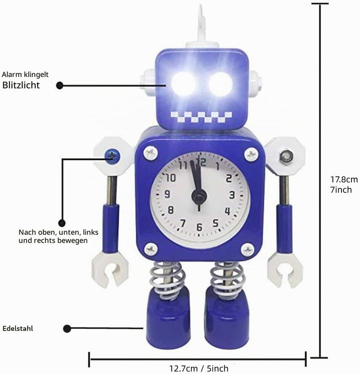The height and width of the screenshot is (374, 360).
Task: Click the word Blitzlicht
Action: pos(21,85)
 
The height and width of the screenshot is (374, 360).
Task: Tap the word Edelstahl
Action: pos(17,328)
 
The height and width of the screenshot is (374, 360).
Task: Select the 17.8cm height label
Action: pos(344,179)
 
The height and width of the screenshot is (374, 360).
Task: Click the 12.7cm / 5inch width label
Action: pos(198,368)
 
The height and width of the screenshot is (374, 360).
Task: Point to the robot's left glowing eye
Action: pos(183,84)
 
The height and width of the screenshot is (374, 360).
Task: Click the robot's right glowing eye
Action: pos(220,84)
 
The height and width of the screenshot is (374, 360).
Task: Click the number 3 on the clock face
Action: pos(232,194)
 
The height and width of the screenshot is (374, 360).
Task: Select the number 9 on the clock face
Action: pos(167,194)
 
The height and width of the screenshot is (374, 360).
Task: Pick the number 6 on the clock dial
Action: pos(199,227)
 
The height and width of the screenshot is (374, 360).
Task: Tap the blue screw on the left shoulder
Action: pos(112,156)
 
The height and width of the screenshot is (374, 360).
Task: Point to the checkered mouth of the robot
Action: pos(201,117)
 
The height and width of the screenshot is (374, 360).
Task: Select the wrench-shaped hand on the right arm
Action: pos(285,269)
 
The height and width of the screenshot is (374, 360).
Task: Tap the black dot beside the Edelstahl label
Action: pos(67,328)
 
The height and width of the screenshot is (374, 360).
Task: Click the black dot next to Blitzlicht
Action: pos(59,86)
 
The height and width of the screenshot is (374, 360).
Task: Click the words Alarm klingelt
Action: pos(25,75)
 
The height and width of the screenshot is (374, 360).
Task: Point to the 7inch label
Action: pos(341,190)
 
